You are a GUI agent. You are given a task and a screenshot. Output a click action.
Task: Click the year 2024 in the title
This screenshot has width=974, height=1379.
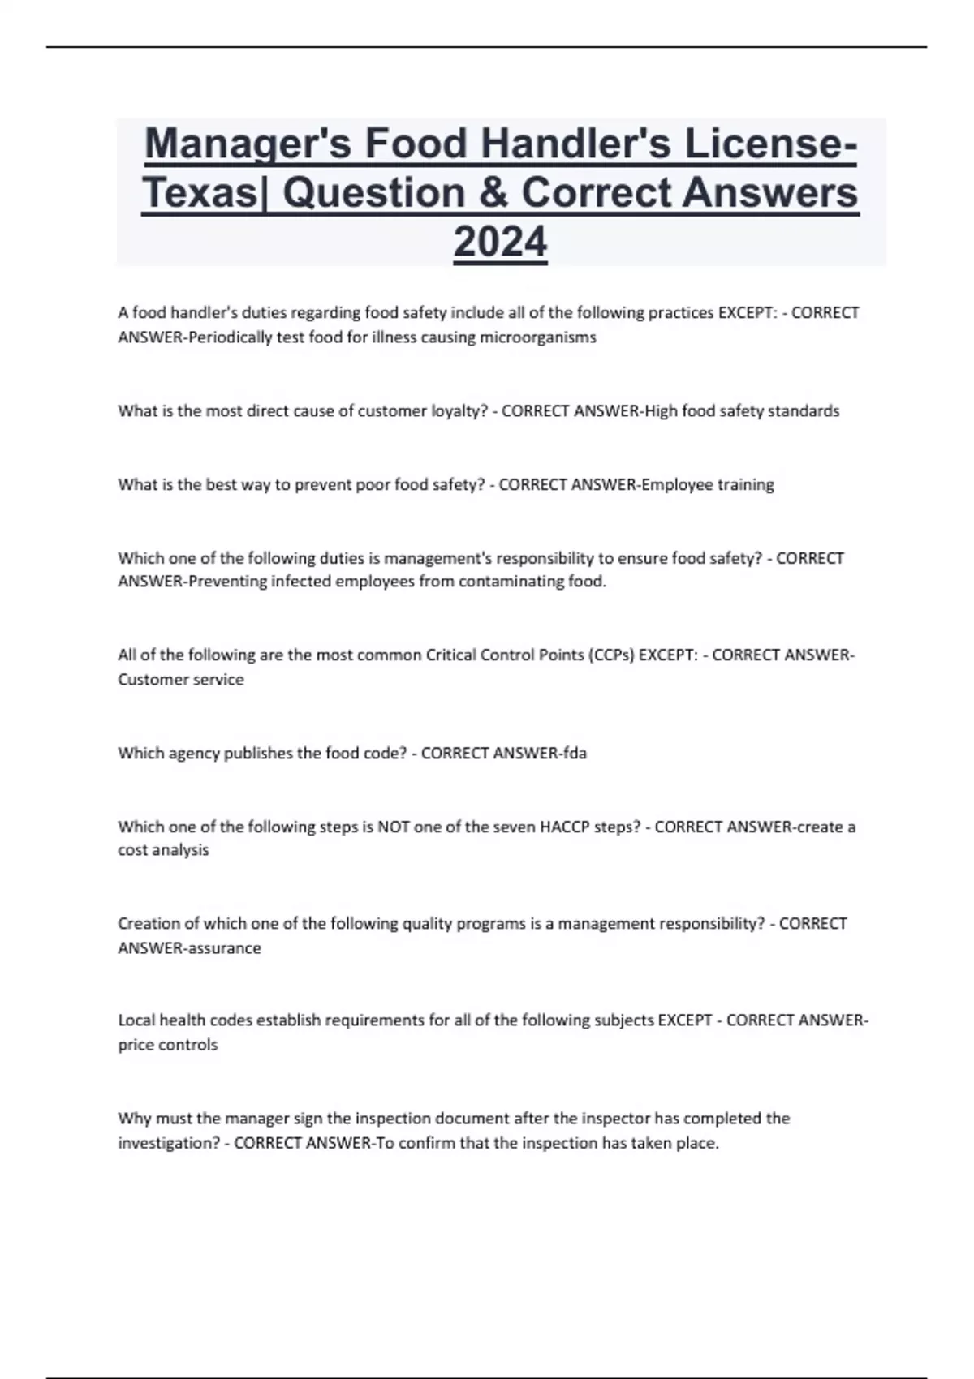click(x=500, y=242)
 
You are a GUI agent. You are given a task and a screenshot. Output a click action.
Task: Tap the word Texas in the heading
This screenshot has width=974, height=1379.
click(x=199, y=193)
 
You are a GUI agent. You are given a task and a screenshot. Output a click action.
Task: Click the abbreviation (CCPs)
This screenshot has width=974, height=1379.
click(x=610, y=655)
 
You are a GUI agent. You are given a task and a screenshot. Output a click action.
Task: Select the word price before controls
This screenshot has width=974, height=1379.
click(x=136, y=1046)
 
